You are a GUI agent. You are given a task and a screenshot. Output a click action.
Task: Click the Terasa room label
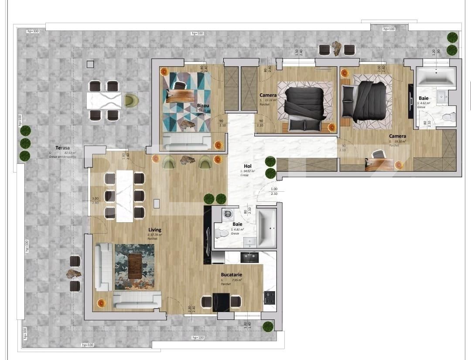point(58,148)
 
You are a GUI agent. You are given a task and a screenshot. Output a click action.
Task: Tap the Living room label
point(154,230)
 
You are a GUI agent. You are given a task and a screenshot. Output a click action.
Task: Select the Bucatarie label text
point(231,275)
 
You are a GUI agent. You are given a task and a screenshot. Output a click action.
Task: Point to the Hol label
point(247,166)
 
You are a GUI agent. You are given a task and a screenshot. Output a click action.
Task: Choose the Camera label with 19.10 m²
point(397,136)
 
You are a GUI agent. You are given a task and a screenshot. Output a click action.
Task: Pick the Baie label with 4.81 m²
point(237,224)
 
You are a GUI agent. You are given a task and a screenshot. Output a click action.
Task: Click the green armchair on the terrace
point(130,101)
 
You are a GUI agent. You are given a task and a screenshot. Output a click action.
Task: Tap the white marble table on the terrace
point(103,101)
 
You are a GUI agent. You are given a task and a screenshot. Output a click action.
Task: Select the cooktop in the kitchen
point(270,298)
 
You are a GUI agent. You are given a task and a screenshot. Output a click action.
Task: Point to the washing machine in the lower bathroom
point(227,214)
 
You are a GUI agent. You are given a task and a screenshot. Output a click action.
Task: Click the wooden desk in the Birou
point(181,96)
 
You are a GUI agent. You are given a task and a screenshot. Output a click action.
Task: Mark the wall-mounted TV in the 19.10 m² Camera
point(410,101)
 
